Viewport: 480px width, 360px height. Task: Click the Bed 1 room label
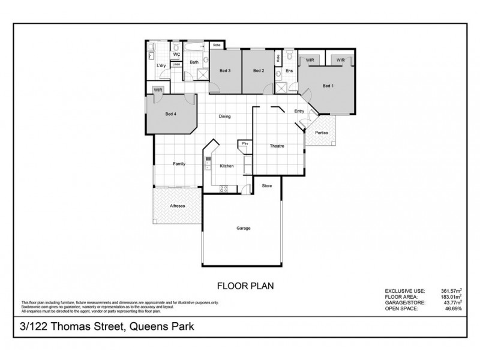328,86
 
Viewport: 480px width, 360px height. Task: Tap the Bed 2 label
258,71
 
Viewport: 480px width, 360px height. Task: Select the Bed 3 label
226,71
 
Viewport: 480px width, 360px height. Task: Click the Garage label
243,229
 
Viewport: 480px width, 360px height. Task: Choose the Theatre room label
276,146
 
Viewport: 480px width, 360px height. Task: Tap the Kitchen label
226,166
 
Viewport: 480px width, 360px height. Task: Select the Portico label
322,133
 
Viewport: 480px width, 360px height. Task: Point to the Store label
267,186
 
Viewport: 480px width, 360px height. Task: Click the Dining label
225,117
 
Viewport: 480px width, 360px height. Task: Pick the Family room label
179,164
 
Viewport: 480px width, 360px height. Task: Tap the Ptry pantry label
245,144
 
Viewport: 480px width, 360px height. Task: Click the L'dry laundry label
161,65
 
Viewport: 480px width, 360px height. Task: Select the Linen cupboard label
176,64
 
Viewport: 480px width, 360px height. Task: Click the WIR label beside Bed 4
158,90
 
